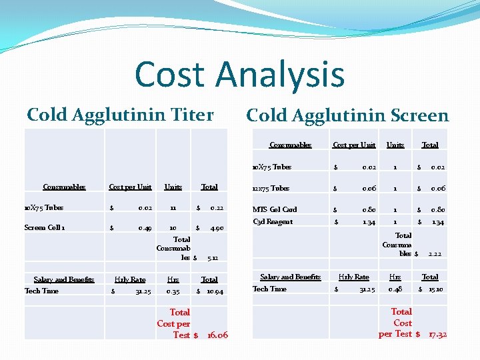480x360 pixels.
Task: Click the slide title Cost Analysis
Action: pyautogui.click(x=239, y=74)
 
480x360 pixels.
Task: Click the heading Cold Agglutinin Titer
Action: pyautogui.click(x=120, y=115)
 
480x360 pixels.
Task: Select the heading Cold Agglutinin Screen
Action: pyautogui.click(x=347, y=115)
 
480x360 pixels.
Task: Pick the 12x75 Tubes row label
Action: pyautogui.click(x=271, y=189)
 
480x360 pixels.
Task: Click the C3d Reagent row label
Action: pyautogui.click(x=272, y=222)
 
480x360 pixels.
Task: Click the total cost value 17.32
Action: pyautogui.click(x=437, y=334)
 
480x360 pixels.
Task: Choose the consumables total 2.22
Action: pyautogui.click(x=435, y=254)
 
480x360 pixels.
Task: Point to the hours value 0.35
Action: pyautogui.click(x=173, y=291)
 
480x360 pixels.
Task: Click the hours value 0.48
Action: pyautogui.click(x=395, y=289)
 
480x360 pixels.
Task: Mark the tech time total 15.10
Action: pyautogui.click(x=435, y=289)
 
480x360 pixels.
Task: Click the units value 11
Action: pyautogui.click(x=173, y=208)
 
